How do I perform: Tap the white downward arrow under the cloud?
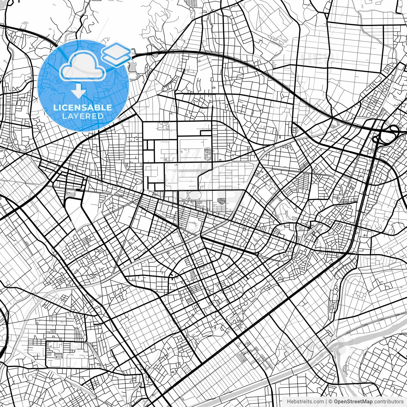coord(78,91)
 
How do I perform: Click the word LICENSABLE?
coord(83,107)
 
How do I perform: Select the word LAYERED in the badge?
coord(83,116)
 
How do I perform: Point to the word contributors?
coord(389,402)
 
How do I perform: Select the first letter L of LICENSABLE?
coord(55,107)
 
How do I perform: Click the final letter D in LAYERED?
coord(101,116)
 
